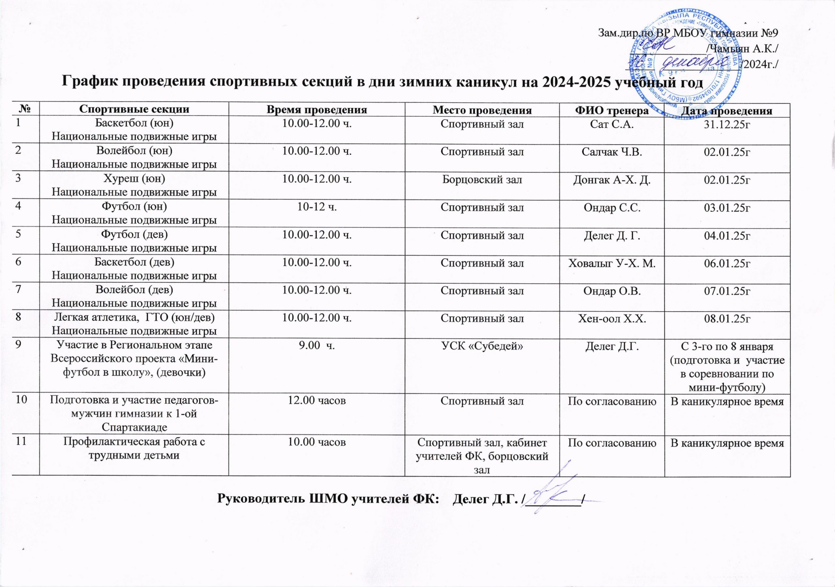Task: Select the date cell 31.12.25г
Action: click(x=727, y=124)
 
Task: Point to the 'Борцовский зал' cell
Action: click(x=482, y=180)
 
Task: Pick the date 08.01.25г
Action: click(x=727, y=319)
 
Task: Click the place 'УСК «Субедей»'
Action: click(x=482, y=346)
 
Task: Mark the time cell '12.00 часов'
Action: click(x=317, y=401)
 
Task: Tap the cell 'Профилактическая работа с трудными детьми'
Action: click(x=134, y=449)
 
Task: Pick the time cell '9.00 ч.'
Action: click(x=317, y=346)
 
